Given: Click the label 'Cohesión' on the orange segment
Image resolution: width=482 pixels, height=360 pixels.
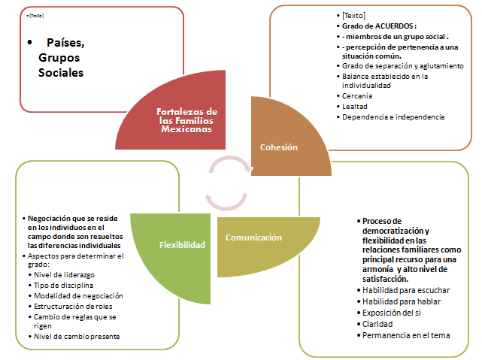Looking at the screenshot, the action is [279, 147].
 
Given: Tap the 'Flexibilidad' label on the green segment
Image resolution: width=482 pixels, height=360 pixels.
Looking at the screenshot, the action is [183, 245].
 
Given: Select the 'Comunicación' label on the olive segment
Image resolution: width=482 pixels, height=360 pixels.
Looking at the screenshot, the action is [253, 237].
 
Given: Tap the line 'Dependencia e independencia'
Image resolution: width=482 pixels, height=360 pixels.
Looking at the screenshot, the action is [393, 117].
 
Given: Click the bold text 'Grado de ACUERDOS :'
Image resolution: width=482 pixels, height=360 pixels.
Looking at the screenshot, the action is [379, 26].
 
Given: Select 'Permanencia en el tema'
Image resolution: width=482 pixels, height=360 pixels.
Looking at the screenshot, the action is [406, 335].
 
